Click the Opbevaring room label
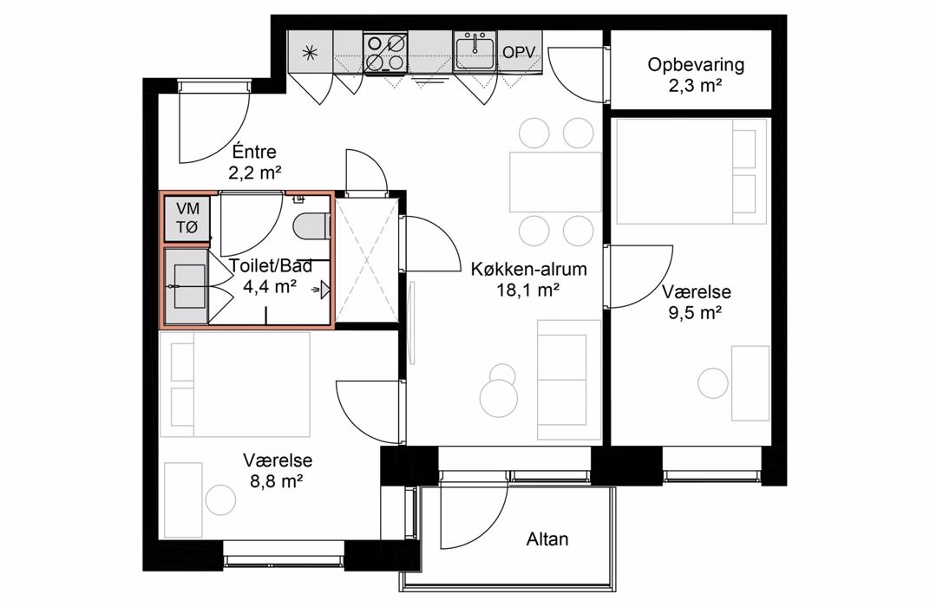pos(695,65)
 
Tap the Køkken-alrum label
pos(528,269)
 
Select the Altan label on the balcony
pos(547,539)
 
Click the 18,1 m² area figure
pos(528,290)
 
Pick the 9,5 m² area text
pos(695,313)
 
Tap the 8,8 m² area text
pos(277,480)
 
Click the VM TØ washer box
pos(187,218)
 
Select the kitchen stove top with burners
pos(385,52)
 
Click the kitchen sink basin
pos(475,51)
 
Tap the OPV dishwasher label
pos(519,52)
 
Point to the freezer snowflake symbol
pos(310,53)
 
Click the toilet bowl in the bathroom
pos(311,226)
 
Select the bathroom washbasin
pos(189,286)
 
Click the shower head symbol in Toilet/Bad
pos(323,290)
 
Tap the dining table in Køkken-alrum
pos(555,182)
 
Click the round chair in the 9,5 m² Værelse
pos(713,383)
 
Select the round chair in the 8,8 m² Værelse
pos(220,499)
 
